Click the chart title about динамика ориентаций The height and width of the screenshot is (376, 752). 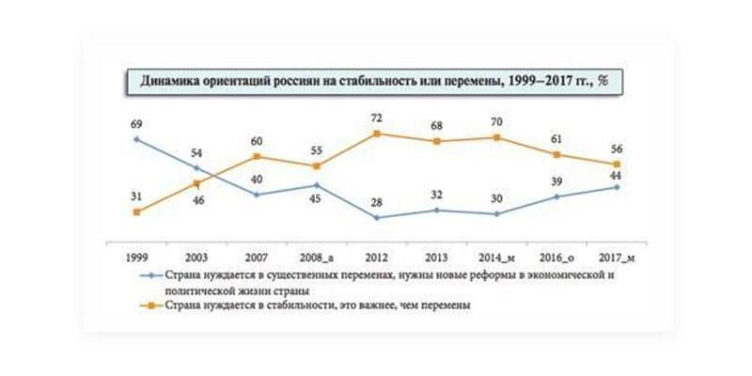[x=375, y=82]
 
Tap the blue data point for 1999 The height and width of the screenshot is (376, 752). [x=137, y=139]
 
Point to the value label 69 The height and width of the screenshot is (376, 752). [x=137, y=123]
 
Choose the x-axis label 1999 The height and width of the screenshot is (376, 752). [x=137, y=257]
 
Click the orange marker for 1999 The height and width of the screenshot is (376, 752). [x=137, y=212]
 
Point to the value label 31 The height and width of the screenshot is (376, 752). [x=137, y=195]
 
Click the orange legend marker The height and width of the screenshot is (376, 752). [x=148, y=305]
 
